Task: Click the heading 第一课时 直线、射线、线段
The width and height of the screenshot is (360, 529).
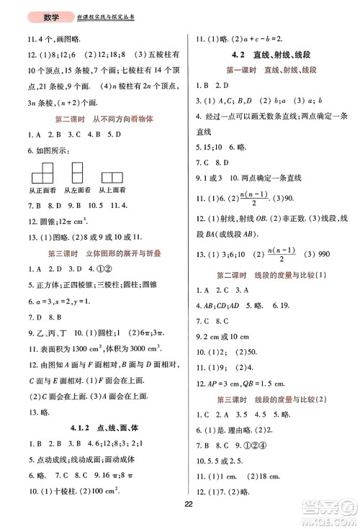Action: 271,69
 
